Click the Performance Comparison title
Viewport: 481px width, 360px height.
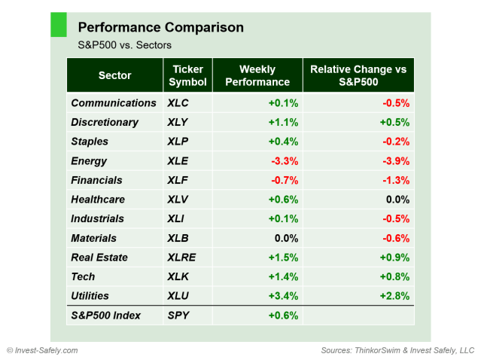tap(160, 27)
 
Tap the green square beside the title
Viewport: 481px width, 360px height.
tap(58, 24)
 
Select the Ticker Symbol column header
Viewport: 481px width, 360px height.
tap(187, 75)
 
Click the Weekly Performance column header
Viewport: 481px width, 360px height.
tap(257, 75)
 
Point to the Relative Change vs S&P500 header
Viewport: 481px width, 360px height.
tap(358, 75)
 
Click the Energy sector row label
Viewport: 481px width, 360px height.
tap(89, 160)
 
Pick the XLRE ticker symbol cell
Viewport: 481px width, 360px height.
tap(183, 257)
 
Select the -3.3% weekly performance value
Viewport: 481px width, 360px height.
tap(284, 160)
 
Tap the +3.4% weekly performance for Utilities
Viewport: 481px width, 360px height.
tap(283, 296)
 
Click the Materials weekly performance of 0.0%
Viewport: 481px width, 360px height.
tap(285, 238)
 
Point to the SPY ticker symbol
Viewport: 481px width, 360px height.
tap(179, 316)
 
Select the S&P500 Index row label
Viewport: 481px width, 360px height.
tap(105, 316)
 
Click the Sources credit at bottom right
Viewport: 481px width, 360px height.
tap(397, 350)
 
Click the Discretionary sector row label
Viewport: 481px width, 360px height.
tap(105, 122)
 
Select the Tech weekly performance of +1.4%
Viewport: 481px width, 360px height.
tap(283, 276)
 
